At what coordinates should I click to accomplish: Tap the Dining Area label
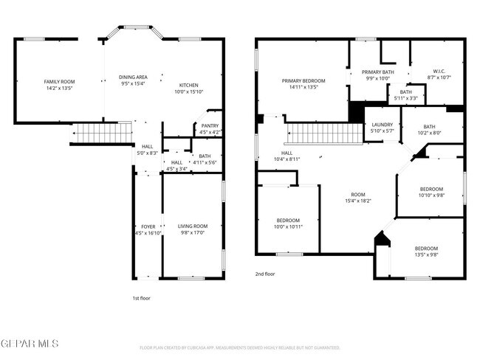point(133,77)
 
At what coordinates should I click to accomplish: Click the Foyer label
point(148,226)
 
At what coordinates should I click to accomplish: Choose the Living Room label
point(192,226)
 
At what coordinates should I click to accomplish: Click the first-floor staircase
point(93,134)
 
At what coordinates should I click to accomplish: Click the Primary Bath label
point(377,72)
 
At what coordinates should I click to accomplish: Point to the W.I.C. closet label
point(437,72)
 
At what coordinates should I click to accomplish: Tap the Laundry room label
point(383,125)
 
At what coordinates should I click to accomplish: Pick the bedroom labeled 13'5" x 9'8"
point(425,248)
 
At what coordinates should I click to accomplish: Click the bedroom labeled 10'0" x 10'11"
point(287,221)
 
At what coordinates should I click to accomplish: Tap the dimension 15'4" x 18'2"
point(357,201)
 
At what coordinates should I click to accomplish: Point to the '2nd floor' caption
point(265,273)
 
